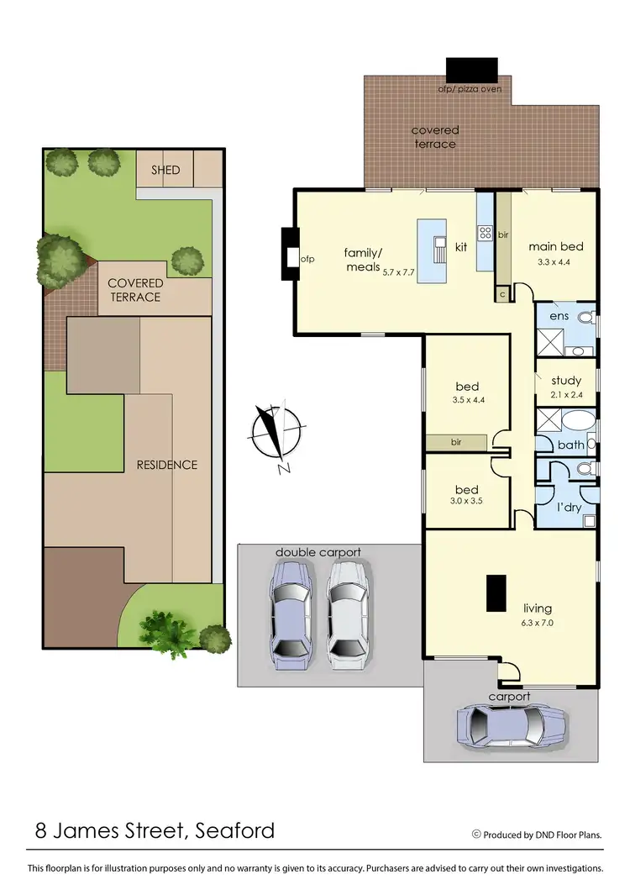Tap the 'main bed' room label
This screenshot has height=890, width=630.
pyautogui.click(x=555, y=247)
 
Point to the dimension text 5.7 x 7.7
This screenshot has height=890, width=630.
pyautogui.click(x=399, y=272)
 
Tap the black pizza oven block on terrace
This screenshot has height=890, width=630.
pyautogui.click(x=471, y=70)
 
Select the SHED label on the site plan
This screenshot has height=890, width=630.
pyautogui.click(x=165, y=170)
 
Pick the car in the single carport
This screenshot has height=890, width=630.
pyautogui.click(x=510, y=724)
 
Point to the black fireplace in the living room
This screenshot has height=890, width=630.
pyautogui.click(x=496, y=592)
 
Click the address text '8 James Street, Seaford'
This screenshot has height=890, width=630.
pyautogui.click(x=155, y=831)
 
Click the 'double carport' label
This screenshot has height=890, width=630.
pyautogui.click(x=318, y=552)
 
